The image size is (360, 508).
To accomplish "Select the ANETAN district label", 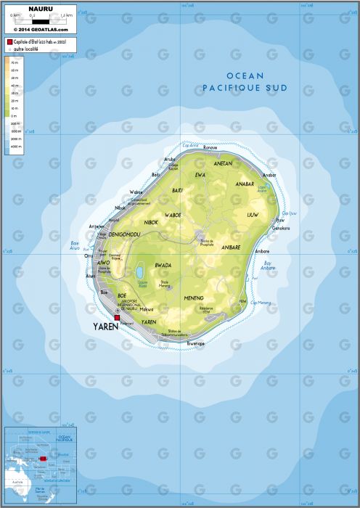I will tap(223, 164).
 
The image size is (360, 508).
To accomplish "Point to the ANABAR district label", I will tap(245, 184).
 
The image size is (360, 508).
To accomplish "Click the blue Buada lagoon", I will tap(139, 272).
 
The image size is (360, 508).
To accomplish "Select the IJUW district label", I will tap(253, 216).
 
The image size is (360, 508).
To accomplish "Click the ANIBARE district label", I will tap(230, 247).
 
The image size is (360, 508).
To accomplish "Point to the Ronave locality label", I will tap(210, 147).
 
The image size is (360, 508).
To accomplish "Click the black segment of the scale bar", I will tap(24, 19).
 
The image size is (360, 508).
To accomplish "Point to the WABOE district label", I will tap(173, 215).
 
